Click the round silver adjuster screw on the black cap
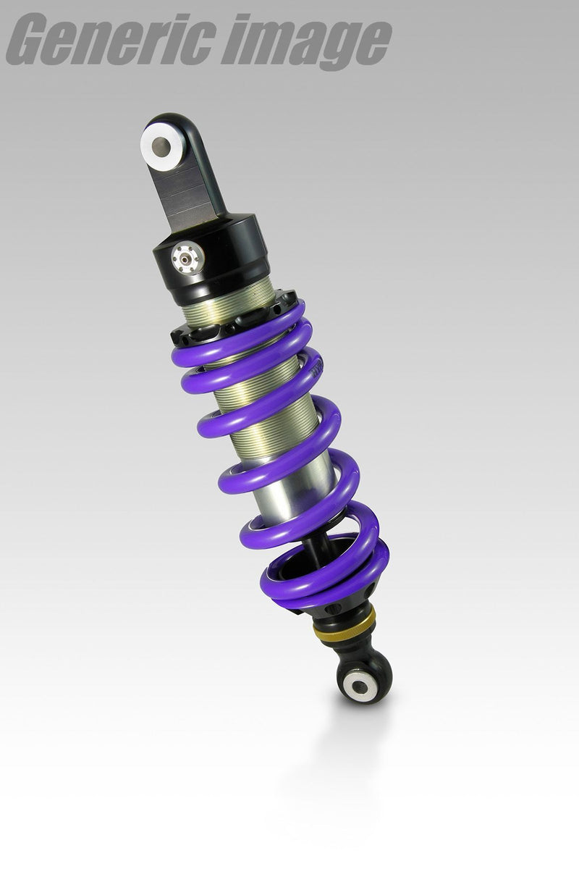187,256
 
